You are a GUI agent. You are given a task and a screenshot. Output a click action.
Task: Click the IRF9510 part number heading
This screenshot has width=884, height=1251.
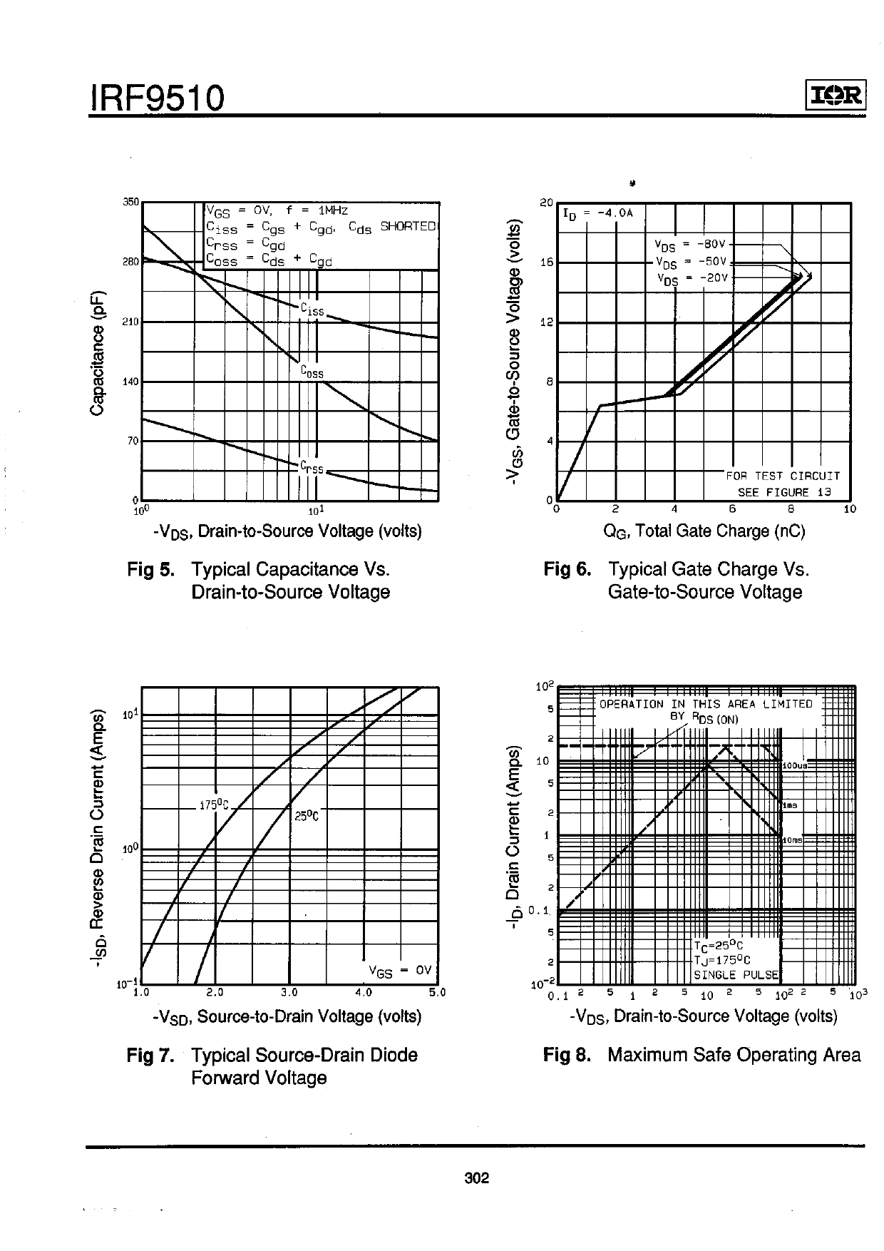tap(157, 98)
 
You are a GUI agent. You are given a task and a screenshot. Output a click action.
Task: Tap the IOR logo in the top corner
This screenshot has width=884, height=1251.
tap(836, 95)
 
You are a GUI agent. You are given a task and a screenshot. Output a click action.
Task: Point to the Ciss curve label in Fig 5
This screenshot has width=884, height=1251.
tap(312, 310)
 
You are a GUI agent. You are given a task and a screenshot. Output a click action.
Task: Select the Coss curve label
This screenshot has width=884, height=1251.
tap(312, 372)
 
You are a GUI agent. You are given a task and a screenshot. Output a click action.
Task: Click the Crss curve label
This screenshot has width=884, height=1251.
tap(312, 468)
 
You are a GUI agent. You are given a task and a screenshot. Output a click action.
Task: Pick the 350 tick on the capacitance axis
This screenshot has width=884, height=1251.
tap(130, 202)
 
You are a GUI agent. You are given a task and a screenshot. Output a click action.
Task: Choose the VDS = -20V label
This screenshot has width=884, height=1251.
tap(691, 277)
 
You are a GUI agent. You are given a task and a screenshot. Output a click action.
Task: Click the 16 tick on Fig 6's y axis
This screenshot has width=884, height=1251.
tap(546, 262)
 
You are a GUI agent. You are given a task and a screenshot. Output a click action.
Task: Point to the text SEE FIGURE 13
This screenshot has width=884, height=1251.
tap(784, 492)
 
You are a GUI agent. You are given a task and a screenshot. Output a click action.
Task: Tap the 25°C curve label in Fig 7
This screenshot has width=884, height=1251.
tap(307, 816)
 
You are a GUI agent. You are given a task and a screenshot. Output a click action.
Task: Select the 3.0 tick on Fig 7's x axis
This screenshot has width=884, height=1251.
tap(289, 992)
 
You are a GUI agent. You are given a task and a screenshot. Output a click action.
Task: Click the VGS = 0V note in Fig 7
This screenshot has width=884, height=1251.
tap(400, 970)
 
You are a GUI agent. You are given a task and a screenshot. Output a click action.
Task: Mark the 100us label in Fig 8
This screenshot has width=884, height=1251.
tap(794, 765)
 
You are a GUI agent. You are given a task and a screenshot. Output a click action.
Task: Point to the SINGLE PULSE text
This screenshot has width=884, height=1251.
tap(736, 975)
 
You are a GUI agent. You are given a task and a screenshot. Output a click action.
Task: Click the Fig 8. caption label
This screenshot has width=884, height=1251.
tap(567, 1055)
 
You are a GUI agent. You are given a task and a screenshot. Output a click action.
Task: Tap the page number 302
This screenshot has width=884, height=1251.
tap(476, 1178)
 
